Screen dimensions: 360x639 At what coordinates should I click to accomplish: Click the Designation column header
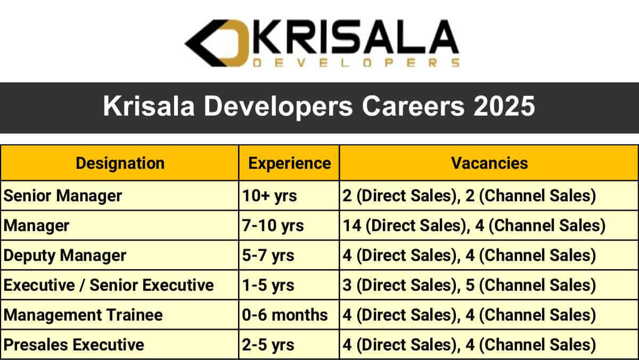point(120,163)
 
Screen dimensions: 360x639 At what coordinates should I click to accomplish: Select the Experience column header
point(289,163)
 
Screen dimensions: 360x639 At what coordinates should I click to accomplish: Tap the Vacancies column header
point(489,163)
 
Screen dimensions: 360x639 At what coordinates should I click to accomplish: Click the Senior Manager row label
point(63,196)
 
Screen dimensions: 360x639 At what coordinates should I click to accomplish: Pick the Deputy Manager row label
point(65,255)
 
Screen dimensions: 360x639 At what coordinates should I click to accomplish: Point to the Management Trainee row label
point(83,315)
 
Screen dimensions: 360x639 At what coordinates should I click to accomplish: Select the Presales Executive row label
point(74,345)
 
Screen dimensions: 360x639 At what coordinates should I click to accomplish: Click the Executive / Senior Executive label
point(109,285)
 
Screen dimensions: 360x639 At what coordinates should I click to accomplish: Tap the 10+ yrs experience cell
point(269,196)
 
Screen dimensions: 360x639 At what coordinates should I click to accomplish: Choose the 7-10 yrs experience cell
point(273,225)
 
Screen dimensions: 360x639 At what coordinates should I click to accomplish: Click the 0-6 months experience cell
point(285,315)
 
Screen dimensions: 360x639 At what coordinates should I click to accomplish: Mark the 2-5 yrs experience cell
point(268,345)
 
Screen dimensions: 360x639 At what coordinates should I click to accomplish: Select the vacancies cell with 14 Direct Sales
point(474,225)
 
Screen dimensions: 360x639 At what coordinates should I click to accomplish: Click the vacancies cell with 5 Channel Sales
point(469,285)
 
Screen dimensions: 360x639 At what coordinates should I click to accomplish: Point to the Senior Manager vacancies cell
point(469,196)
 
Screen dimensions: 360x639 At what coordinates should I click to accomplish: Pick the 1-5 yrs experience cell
point(268,285)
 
